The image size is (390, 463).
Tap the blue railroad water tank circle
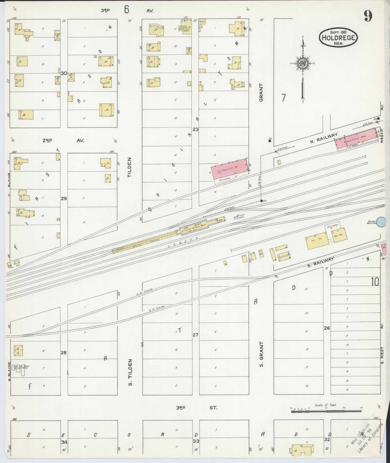tap(381, 222)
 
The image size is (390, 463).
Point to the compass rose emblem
tap(302, 63)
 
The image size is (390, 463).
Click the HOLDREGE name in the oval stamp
tap(338, 38)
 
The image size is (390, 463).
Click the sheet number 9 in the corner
tap(368, 17)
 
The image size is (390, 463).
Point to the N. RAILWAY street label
tap(324, 139)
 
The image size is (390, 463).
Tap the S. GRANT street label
tap(261, 354)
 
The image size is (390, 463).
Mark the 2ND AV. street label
tap(64, 140)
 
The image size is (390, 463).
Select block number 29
tap(64, 199)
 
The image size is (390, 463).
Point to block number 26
tap(327, 328)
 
